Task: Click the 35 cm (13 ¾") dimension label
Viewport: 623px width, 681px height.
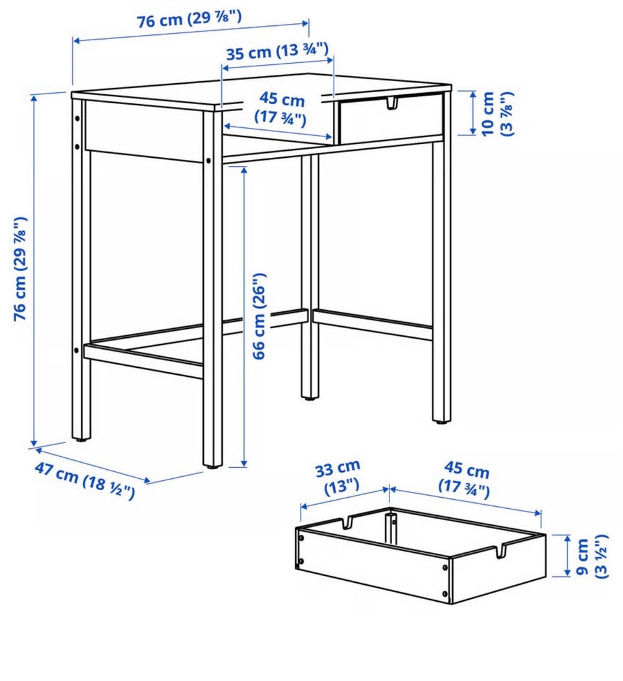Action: [x=277, y=52]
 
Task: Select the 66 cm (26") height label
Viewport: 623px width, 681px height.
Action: [x=259, y=316]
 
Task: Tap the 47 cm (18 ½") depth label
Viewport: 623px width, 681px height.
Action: [x=84, y=480]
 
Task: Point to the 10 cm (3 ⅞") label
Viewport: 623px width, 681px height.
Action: [x=496, y=113]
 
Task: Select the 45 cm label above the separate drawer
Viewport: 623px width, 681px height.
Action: [x=465, y=479]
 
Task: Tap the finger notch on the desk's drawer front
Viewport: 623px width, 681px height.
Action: [x=392, y=104]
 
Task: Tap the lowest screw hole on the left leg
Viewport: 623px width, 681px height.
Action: [x=77, y=350]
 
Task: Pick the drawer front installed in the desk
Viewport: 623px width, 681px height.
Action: [x=391, y=117]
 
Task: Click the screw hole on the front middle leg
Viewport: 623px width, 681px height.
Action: [x=208, y=161]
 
